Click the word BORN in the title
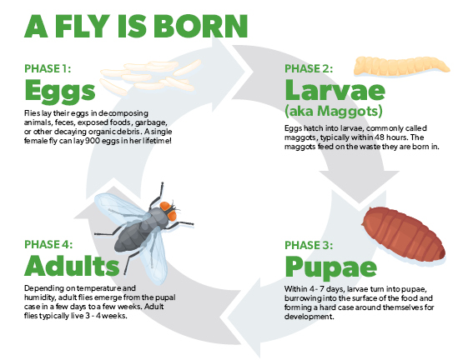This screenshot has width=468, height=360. point(200,26)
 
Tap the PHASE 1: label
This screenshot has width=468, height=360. point(48,68)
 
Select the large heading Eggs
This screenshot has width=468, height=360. point(60,92)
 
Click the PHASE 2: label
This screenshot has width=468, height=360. point(309,68)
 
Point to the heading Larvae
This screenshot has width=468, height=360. point(335,90)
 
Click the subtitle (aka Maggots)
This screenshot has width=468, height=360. point(334,112)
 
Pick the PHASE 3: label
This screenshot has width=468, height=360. point(309,245)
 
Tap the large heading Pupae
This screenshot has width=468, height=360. point(330,267)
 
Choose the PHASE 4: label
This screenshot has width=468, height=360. point(48,244)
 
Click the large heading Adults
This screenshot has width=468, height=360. point(72,266)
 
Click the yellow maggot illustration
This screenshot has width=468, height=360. point(402,67)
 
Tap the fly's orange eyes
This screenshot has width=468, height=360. point(169,211)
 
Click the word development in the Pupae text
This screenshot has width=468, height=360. point(309,317)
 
